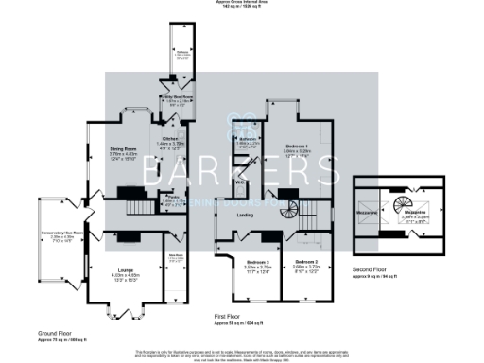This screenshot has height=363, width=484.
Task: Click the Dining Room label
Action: click(x=117, y=148)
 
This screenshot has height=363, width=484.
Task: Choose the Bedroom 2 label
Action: click(x=305, y=261)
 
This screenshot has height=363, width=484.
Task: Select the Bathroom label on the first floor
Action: click(x=248, y=139)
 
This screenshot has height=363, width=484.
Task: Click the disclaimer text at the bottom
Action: click(x=242, y=352)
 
